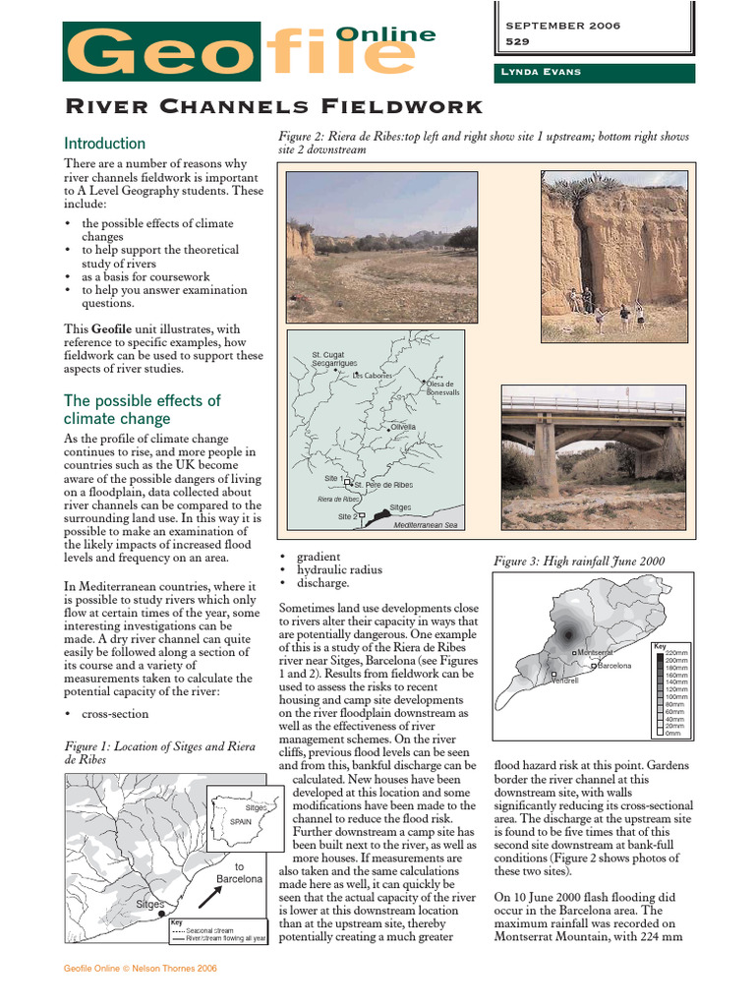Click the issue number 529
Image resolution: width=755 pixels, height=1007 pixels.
point(517,42)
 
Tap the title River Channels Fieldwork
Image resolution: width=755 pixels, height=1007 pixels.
point(273,106)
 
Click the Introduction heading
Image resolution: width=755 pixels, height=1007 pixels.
point(104,144)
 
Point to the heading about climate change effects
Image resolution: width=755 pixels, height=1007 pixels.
point(142,410)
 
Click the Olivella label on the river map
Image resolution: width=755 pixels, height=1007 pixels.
point(403,427)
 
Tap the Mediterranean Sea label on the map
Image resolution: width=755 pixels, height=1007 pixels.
point(426,525)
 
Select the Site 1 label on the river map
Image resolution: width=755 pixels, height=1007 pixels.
point(333,479)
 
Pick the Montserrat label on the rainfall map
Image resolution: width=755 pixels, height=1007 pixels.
point(595,652)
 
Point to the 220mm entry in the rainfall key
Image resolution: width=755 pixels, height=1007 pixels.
point(675,653)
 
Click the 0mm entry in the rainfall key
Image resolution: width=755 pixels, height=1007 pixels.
point(672,733)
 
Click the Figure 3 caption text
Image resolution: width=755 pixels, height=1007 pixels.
point(578,562)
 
